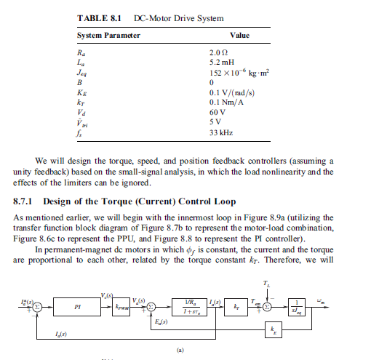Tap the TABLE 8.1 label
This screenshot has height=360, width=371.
98,17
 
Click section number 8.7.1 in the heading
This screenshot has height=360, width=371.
27,200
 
